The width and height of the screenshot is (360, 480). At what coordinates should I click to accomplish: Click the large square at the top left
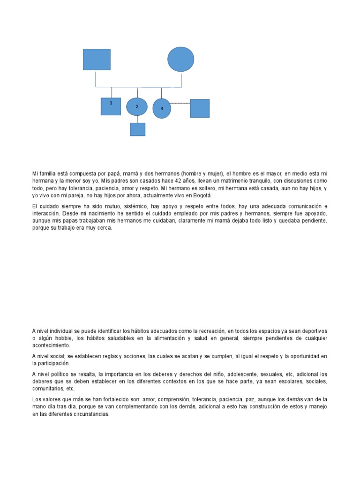coord(97,60)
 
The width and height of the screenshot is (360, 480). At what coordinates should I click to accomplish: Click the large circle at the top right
coord(181,60)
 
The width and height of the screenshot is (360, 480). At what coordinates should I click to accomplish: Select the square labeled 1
coord(111,106)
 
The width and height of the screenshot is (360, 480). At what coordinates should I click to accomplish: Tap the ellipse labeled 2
coord(137,107)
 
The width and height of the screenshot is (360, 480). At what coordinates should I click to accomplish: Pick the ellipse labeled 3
coord(162,108)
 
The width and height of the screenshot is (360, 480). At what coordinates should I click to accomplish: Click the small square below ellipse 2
coord(137,129)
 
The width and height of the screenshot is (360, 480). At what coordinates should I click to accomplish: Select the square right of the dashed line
coord(200,108)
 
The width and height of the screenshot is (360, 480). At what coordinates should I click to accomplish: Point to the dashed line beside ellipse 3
coord(180,103)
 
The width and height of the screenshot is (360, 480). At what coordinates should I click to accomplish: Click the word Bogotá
coord(189,195)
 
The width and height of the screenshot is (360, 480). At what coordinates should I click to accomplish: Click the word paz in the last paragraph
coord(250,399)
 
